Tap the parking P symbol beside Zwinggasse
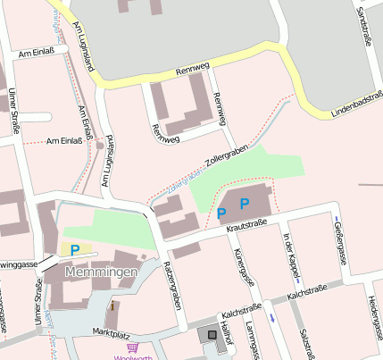point(75,250)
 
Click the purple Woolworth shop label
point(134,356)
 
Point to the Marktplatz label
point(112,331)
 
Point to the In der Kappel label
point(291,252)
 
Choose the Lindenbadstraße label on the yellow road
point(354,105)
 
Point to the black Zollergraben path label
point(224,155)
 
